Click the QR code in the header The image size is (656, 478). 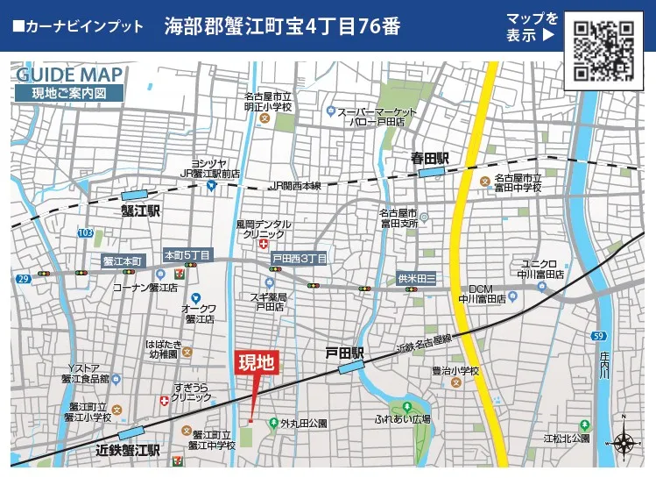[603, 51]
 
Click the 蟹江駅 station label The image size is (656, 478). [141, 211]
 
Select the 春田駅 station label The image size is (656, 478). [430, 159]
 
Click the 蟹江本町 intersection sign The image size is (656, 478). [122, 260]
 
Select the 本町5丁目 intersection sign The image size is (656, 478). [187, 255]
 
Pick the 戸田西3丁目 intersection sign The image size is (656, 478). [299, 259]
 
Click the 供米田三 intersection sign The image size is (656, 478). [417, 277]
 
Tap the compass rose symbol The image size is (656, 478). [624, 444]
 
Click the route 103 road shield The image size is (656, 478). [85, 233]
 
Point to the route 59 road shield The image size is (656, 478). [599, 335]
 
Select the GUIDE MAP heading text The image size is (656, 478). [71, 75]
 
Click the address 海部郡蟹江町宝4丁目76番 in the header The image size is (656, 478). [282, 26]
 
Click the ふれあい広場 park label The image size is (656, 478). [403, 419]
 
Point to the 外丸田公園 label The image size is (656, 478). [303, 423]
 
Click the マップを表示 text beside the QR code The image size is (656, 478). [531, 27]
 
